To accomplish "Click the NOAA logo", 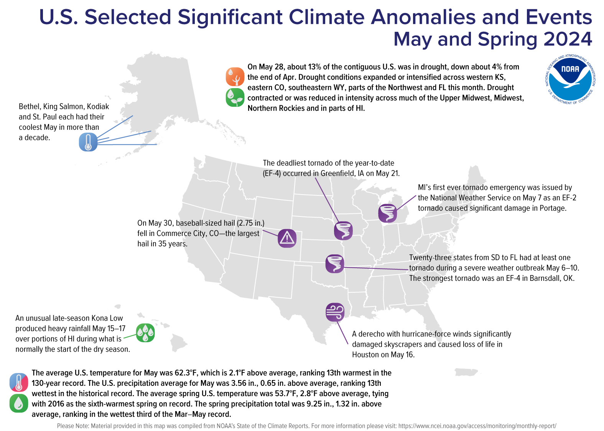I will [x=570, y=79].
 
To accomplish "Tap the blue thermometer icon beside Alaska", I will [x=88, y=142].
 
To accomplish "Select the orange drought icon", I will [x=235, y=77].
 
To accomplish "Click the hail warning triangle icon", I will [x=287, y=238].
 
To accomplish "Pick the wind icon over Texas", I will [x=335, y=312].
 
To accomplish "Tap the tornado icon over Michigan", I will [x=387, y=213].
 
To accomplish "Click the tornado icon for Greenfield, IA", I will [x=343, y=231].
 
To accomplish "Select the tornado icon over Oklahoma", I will [x=335, y=264].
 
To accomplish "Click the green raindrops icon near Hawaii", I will [x=145, y=333].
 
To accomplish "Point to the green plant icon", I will [x=235, y=97].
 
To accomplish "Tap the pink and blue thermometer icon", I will [x=19, y=382].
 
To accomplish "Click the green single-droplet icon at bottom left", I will [x=19, y=403].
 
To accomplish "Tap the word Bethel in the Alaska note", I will [x=29, y=107].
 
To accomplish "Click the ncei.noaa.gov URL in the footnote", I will [x=477, y=426].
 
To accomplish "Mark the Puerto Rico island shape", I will [x=466, y=372].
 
